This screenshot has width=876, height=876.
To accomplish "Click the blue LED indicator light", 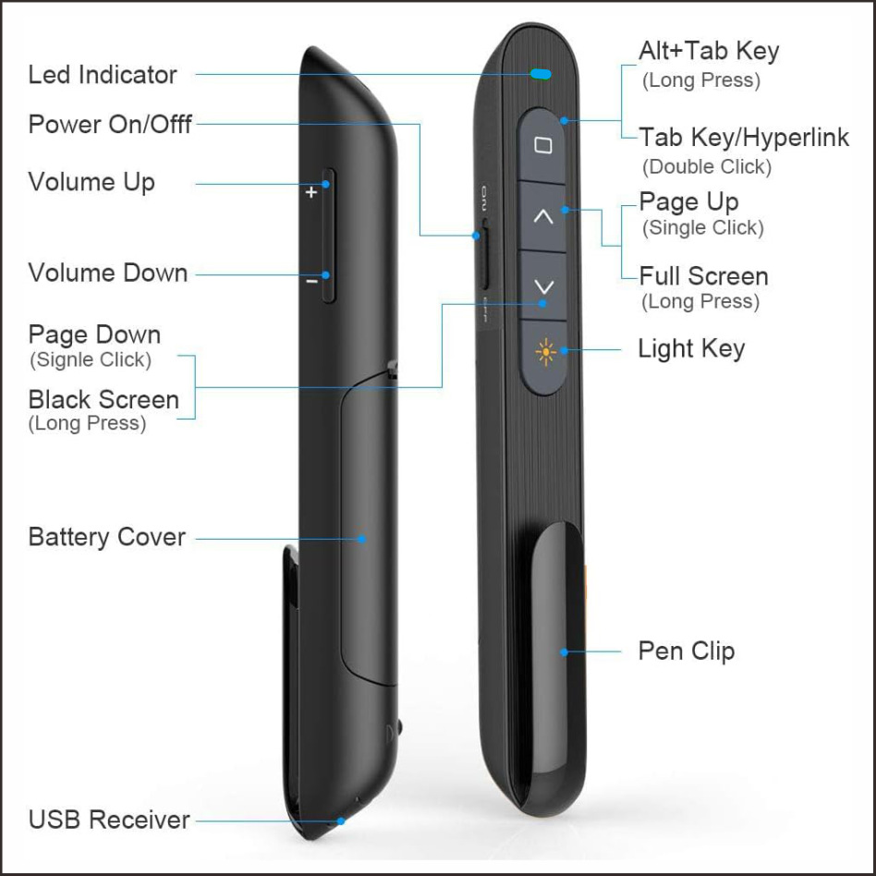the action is (541, 73).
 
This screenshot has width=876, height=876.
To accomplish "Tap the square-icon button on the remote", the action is (543, 146).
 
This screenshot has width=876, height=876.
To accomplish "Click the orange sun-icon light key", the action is (544, 352).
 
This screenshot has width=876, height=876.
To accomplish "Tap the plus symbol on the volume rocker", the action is (311, 192).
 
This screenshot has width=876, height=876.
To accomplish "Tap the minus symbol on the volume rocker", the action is (312, 277).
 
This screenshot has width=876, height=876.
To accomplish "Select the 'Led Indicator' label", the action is (103, 75).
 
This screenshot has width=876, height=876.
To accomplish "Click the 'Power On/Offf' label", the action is (110, 124).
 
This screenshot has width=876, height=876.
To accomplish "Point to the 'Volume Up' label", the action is (91, 181).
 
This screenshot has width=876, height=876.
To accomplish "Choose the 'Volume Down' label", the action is (108, 273).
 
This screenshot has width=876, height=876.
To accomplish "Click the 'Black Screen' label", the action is (103, 400).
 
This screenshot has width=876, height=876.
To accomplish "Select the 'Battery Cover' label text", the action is (107, 537).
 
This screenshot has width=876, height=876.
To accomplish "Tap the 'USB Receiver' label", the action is (109, 819).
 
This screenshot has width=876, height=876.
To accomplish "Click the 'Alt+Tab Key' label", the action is (709, 51).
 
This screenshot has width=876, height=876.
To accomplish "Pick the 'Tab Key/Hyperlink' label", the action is (744, 138).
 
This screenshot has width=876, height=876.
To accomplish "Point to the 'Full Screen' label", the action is (703, 276).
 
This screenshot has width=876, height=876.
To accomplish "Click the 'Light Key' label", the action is (691, 348).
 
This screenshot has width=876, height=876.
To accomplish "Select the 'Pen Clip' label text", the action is (687, 651).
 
